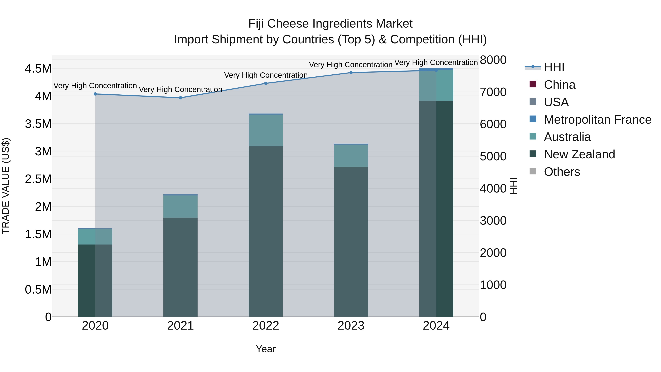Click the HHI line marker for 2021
click(x=180, y=98)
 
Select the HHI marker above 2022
click(x=266, y=83)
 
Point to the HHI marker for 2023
click(x=351, y=73)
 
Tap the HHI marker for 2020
click(x=95, y=94)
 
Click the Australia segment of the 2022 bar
click(x=266, y=130)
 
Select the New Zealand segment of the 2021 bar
click(x=180, y=267)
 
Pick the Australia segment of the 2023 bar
click(x=351, y=156)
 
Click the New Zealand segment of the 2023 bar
click(x=351, y=241)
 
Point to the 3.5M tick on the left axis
click(x=38, y=124)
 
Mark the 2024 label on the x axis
click(x=436, y=326)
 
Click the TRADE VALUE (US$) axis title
click(x=6, y=186)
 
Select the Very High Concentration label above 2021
click(x=180, y=90)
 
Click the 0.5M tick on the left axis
click(x=38, y=290)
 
